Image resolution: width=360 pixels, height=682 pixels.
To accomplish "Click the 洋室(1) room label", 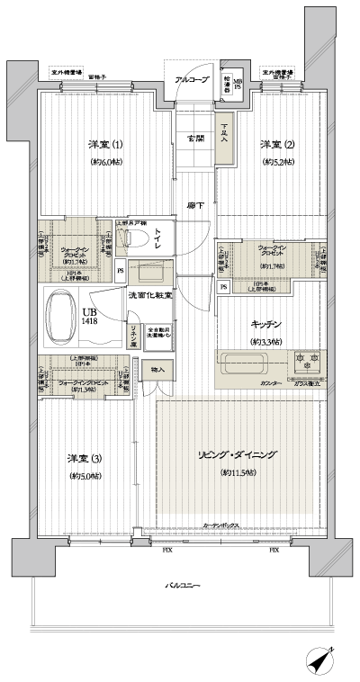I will click(x=105, y=145).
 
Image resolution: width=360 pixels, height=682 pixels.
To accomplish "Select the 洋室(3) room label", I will click(x=85, y=459).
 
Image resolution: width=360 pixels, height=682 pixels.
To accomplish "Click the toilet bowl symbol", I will click(x=139, y=238).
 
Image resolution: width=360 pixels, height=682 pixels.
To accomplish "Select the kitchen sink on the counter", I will click(x=248, y=364).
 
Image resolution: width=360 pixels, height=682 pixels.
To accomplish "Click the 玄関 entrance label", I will click(x=195, y=138).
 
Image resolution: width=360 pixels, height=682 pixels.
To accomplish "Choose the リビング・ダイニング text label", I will click(x=236, y=455).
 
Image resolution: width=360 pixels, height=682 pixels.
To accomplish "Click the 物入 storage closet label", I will click(x=158, y=369).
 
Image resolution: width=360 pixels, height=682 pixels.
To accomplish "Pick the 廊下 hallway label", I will click(x=195, y=207).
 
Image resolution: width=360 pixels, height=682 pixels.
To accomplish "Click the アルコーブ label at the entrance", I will click(x=190, y=80).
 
